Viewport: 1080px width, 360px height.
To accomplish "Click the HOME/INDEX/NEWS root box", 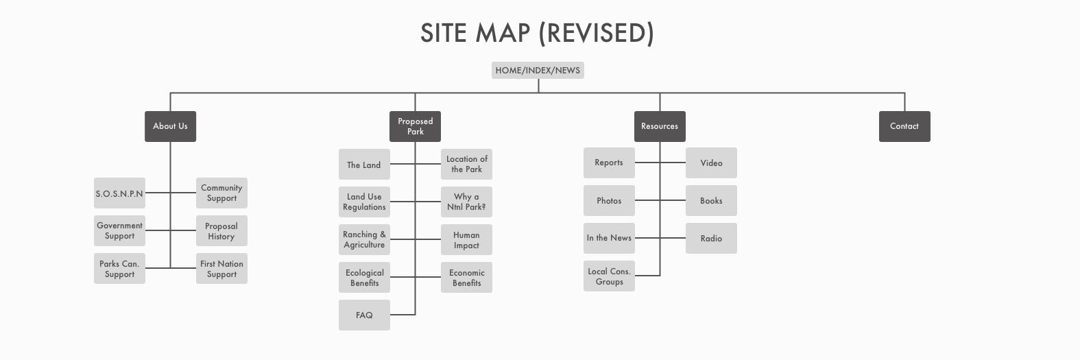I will tap(538, 70).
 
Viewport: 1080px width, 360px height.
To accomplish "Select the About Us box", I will tap(170, 126).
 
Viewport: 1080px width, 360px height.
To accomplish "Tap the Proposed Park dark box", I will tap(415, 126).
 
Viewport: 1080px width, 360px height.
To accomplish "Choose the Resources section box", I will tap(660, 126).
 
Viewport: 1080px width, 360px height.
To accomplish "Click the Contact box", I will tap(904, 126).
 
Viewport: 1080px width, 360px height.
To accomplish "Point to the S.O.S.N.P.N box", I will tap(119, 193).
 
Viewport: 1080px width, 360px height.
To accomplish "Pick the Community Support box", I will tap(221, 193).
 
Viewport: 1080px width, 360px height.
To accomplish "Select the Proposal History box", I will tap(221, 231).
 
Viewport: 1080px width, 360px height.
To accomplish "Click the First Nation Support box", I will tap(221, 269).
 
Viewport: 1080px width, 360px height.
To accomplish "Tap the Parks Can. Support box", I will tap(119, 269).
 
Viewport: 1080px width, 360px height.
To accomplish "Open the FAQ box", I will tap(364, 315).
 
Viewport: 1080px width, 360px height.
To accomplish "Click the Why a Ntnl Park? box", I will tap(466, 202).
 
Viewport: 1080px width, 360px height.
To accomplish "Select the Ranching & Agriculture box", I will tap(364, 239).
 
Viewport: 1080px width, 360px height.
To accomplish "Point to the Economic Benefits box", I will tap(466, 277).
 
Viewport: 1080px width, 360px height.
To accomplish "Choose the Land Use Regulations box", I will tap(364, 202).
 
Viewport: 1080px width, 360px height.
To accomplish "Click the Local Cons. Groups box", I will tap(609, 276).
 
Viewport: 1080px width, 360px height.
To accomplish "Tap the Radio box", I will tap(711, 238).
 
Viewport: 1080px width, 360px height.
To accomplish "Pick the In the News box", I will tap(609, 238).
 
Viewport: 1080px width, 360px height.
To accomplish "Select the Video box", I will tap(711, 163).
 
